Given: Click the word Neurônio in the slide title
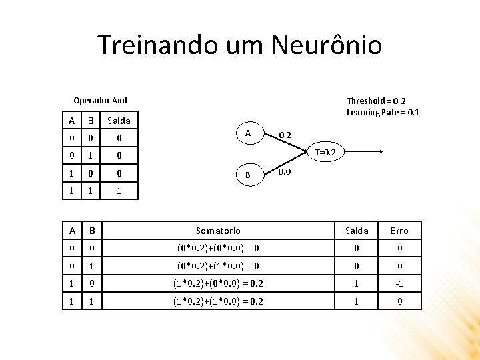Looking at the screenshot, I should click(327, 45).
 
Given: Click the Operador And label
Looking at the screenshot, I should click(100, 101).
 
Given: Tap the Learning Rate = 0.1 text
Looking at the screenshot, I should click(383, 112).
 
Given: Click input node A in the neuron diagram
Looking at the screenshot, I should click(248, 133).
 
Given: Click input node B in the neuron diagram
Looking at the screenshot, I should click(248, 175).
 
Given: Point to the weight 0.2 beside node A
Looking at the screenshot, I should click(285, 135).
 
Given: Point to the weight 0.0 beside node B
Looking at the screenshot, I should click(285, 172).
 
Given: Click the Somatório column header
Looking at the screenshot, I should click(218, 231).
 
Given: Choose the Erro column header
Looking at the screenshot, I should click(399, 231).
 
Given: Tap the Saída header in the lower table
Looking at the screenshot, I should click(357, 231).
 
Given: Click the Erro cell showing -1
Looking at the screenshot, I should click(399, 282).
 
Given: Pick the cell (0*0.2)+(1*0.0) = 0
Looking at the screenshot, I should click(218, 265).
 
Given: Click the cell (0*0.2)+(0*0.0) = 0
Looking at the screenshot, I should click(218, 248).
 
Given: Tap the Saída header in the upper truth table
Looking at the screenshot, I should click(119, 121).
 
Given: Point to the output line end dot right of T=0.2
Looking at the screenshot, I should click(381, 153).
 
